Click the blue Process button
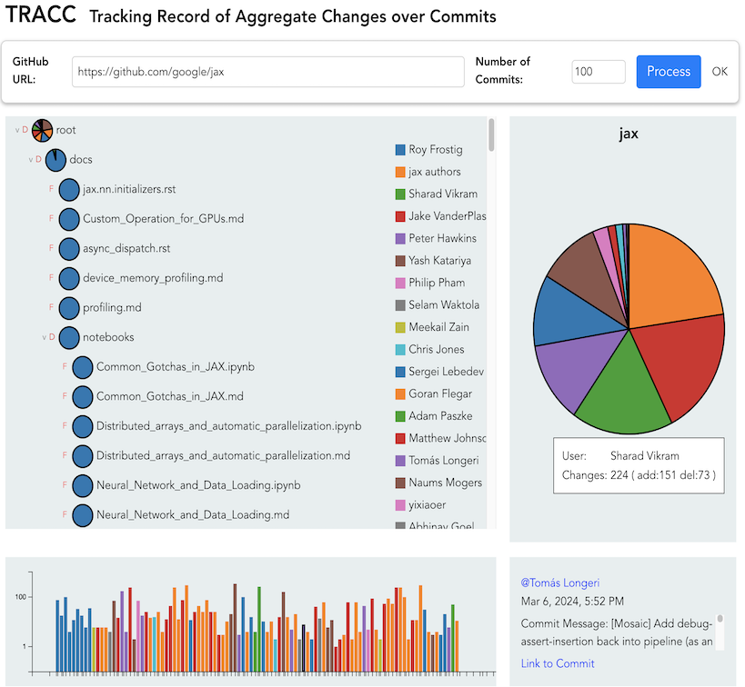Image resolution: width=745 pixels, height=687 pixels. (x=669, y=72)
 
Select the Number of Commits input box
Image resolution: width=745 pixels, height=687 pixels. (x=598, y=72)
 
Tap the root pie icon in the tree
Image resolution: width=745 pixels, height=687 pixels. (x=43, y=130)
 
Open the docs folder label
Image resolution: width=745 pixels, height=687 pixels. (x=81, y=160)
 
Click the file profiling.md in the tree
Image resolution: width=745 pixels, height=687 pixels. (x=112, y=307)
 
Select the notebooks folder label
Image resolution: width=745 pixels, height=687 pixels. (x=108, y=337)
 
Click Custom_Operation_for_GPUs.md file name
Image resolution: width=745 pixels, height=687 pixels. (x=163, y=219)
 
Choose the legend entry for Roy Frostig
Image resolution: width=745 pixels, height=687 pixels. (x=434, y=150)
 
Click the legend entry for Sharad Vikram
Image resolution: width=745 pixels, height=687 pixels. (x=442, y=194)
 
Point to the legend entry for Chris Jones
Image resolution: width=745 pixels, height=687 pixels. (x=436, y=349)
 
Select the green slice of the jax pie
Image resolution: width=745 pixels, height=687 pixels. (x=623, y=391)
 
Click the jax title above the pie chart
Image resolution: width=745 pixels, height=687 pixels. (x=629, y=134)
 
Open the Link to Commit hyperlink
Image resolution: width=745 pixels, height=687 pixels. (x=558, y=663)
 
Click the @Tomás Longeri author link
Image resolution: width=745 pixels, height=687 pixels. (x=559, y=582)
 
